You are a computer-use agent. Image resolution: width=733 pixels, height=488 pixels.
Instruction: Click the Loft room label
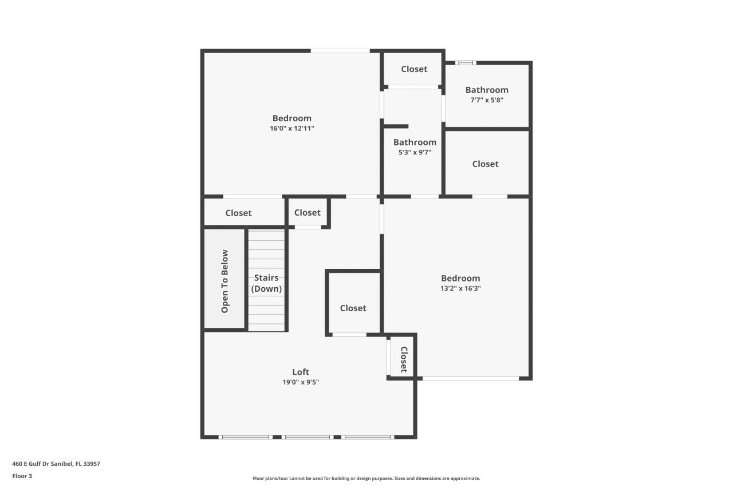[301, 372]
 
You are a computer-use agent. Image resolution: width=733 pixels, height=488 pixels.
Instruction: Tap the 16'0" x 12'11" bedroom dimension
[292, 129]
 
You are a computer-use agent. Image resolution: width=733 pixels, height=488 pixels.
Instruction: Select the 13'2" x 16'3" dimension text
[460, 289]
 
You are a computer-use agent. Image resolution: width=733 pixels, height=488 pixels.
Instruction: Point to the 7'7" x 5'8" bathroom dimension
[487, 100]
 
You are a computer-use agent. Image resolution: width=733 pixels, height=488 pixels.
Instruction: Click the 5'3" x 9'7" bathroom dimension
[415, 153]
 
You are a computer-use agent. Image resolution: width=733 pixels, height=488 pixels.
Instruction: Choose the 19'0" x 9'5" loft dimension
[301, 382]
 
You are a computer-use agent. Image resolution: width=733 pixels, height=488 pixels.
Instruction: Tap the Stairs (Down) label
[267, 283]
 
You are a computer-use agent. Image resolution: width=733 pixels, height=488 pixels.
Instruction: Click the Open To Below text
[225, 281]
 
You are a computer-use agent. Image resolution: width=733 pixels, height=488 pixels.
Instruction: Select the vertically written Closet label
[404, 359]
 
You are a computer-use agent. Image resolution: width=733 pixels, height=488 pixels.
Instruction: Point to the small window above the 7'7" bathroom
[466, 63]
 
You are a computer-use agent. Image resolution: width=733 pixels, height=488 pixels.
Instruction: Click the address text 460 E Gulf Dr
[56, 464]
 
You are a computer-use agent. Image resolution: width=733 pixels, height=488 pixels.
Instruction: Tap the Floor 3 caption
[22, 476]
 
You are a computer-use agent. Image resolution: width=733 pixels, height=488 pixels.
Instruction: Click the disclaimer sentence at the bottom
[366, 478]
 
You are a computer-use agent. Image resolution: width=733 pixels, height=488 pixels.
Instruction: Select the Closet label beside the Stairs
[308, 213]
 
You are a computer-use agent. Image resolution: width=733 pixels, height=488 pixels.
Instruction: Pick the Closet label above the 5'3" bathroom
[414, 69]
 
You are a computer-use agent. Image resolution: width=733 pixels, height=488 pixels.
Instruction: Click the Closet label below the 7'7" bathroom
[485, 164]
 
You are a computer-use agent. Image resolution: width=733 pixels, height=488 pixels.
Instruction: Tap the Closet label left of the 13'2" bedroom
[353, 308]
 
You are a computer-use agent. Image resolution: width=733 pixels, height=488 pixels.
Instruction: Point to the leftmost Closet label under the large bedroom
[238, 213]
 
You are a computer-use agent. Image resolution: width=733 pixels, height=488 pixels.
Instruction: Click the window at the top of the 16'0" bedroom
[340, 51]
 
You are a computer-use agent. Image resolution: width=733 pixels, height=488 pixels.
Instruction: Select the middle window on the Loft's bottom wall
[308, 437]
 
